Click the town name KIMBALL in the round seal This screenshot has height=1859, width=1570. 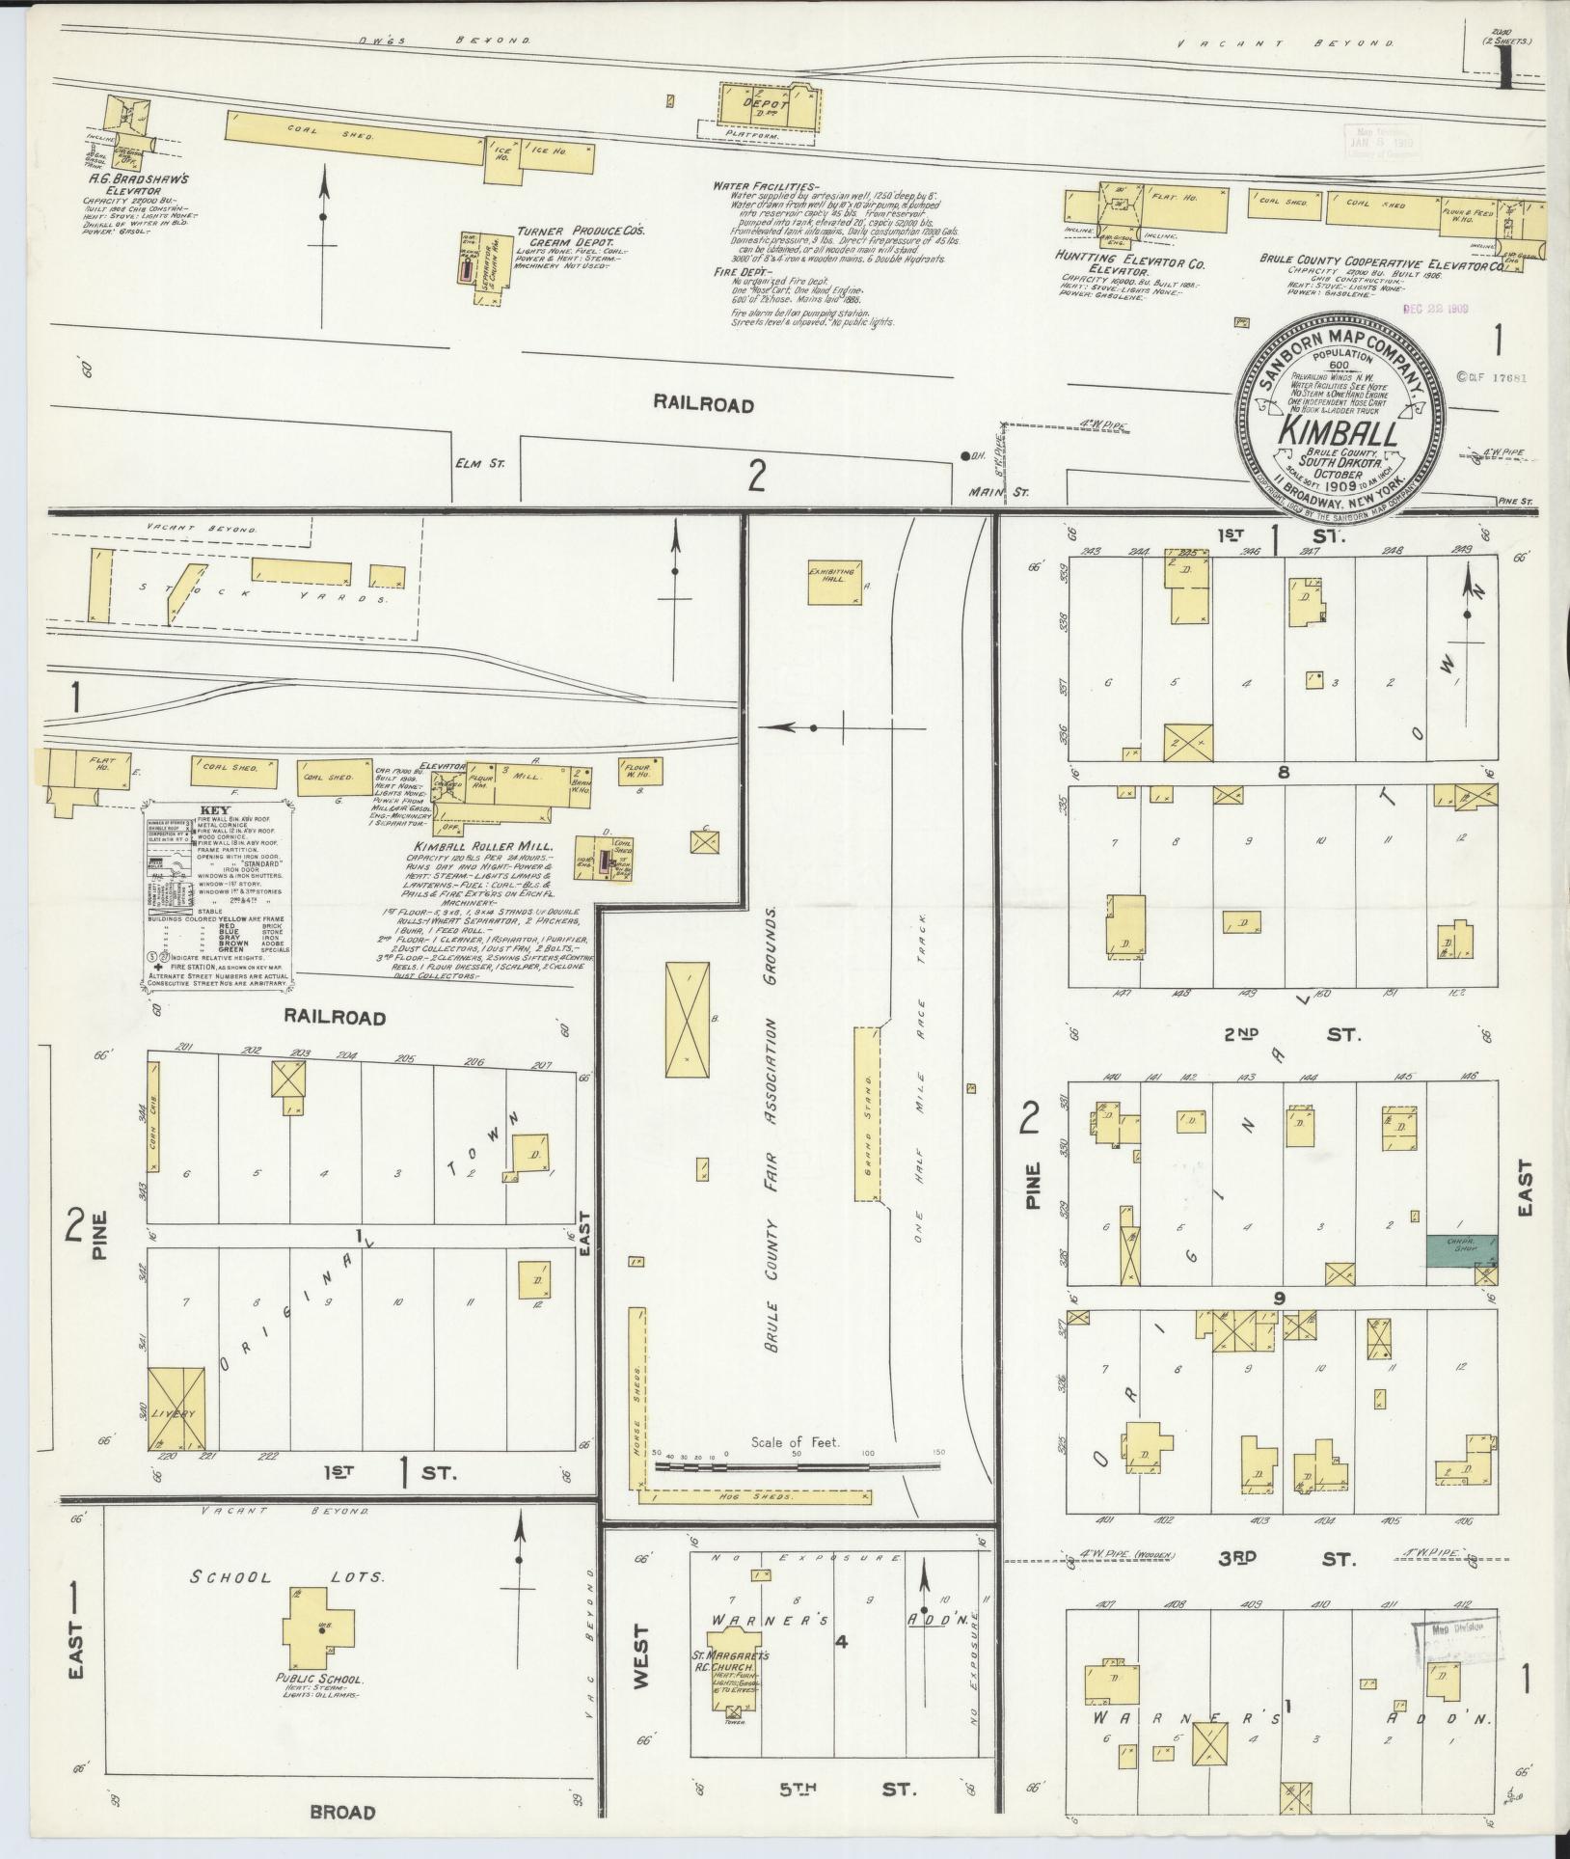(x=1338, y=433)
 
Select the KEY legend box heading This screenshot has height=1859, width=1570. (x=217, y=810)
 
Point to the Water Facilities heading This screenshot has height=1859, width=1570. (x=765, y=185)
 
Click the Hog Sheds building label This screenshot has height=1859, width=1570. (x=769, y=1524)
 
